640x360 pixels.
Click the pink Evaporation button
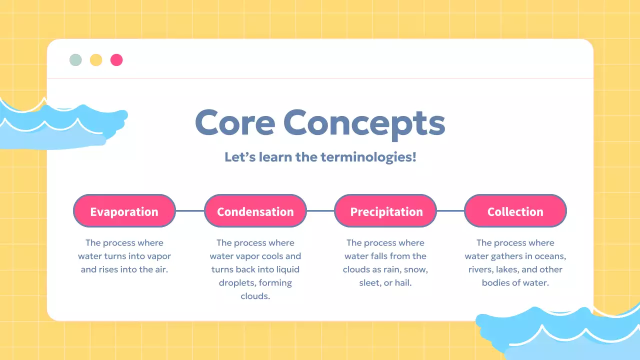[124, 211]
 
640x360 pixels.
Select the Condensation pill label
[255, 211]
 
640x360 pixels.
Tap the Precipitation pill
[386, 211]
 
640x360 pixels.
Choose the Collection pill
[515, 211]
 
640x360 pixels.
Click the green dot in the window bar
[75, 60]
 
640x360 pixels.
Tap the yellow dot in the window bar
[96, 60]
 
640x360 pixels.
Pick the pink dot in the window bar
[116, 60]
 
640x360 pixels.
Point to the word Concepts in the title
[364, 123]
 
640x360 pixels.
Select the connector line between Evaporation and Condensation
[190, 211]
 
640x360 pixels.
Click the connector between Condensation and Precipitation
[320, 211]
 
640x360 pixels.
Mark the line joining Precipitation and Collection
[450, 211]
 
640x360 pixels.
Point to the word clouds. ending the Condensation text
[255, 296]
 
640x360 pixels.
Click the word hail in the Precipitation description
[402, 282]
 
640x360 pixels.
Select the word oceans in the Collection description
[550, 256]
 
